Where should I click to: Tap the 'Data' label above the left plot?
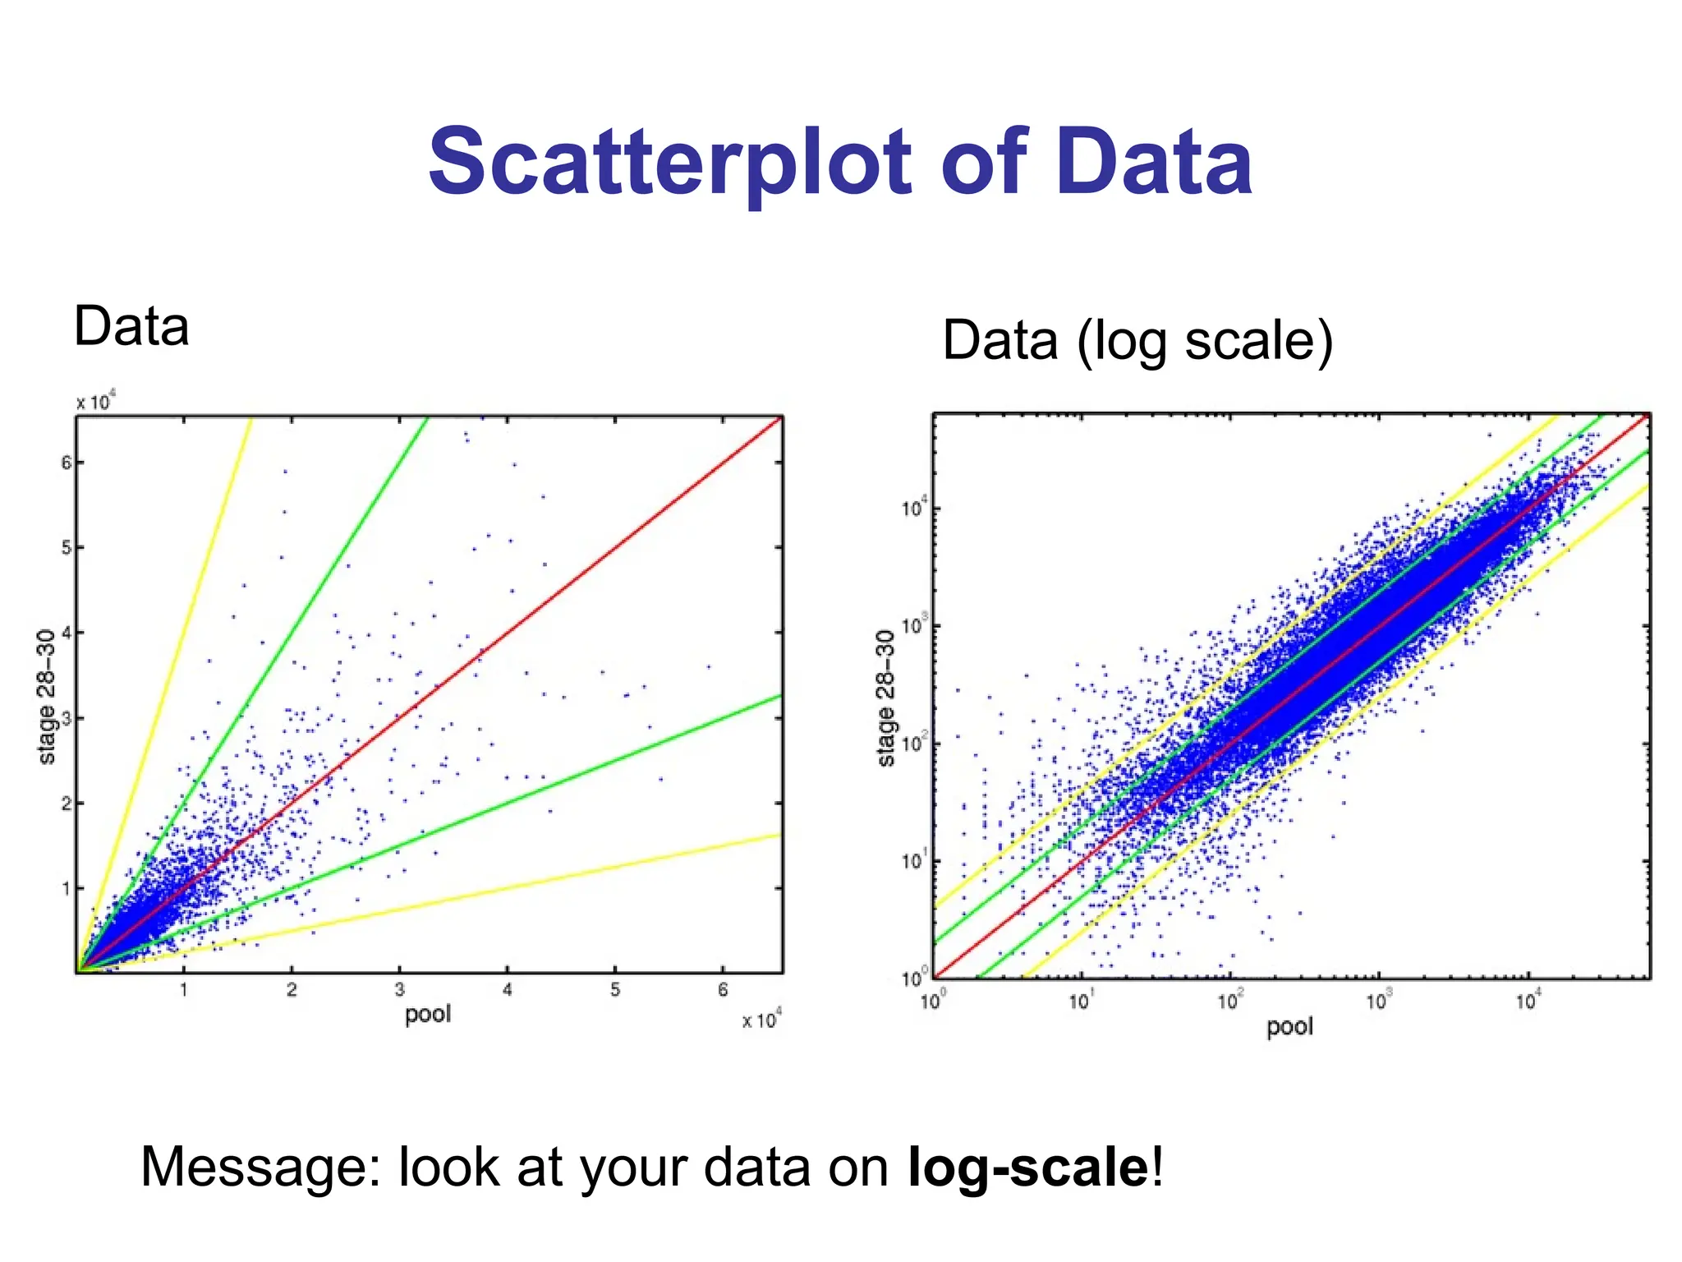click(131, 326)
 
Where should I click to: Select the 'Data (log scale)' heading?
click(1137, 340)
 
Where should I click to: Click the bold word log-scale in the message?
click(1027, 1167)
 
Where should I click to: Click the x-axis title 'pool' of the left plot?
click(428, 1014)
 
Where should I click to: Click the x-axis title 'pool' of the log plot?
click(1289, 1026)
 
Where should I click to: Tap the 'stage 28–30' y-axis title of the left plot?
click(48, 697)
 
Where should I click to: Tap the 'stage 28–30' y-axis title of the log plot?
click(885, 698)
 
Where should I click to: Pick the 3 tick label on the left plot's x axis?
click(399, 990)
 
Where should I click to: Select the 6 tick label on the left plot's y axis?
click(67, 463)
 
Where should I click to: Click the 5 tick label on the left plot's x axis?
click(615, 990)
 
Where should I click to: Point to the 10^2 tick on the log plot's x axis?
click(1229, 1001)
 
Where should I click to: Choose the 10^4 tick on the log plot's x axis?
click(1528, 1001)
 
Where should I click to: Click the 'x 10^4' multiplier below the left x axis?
click(761, 1020)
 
